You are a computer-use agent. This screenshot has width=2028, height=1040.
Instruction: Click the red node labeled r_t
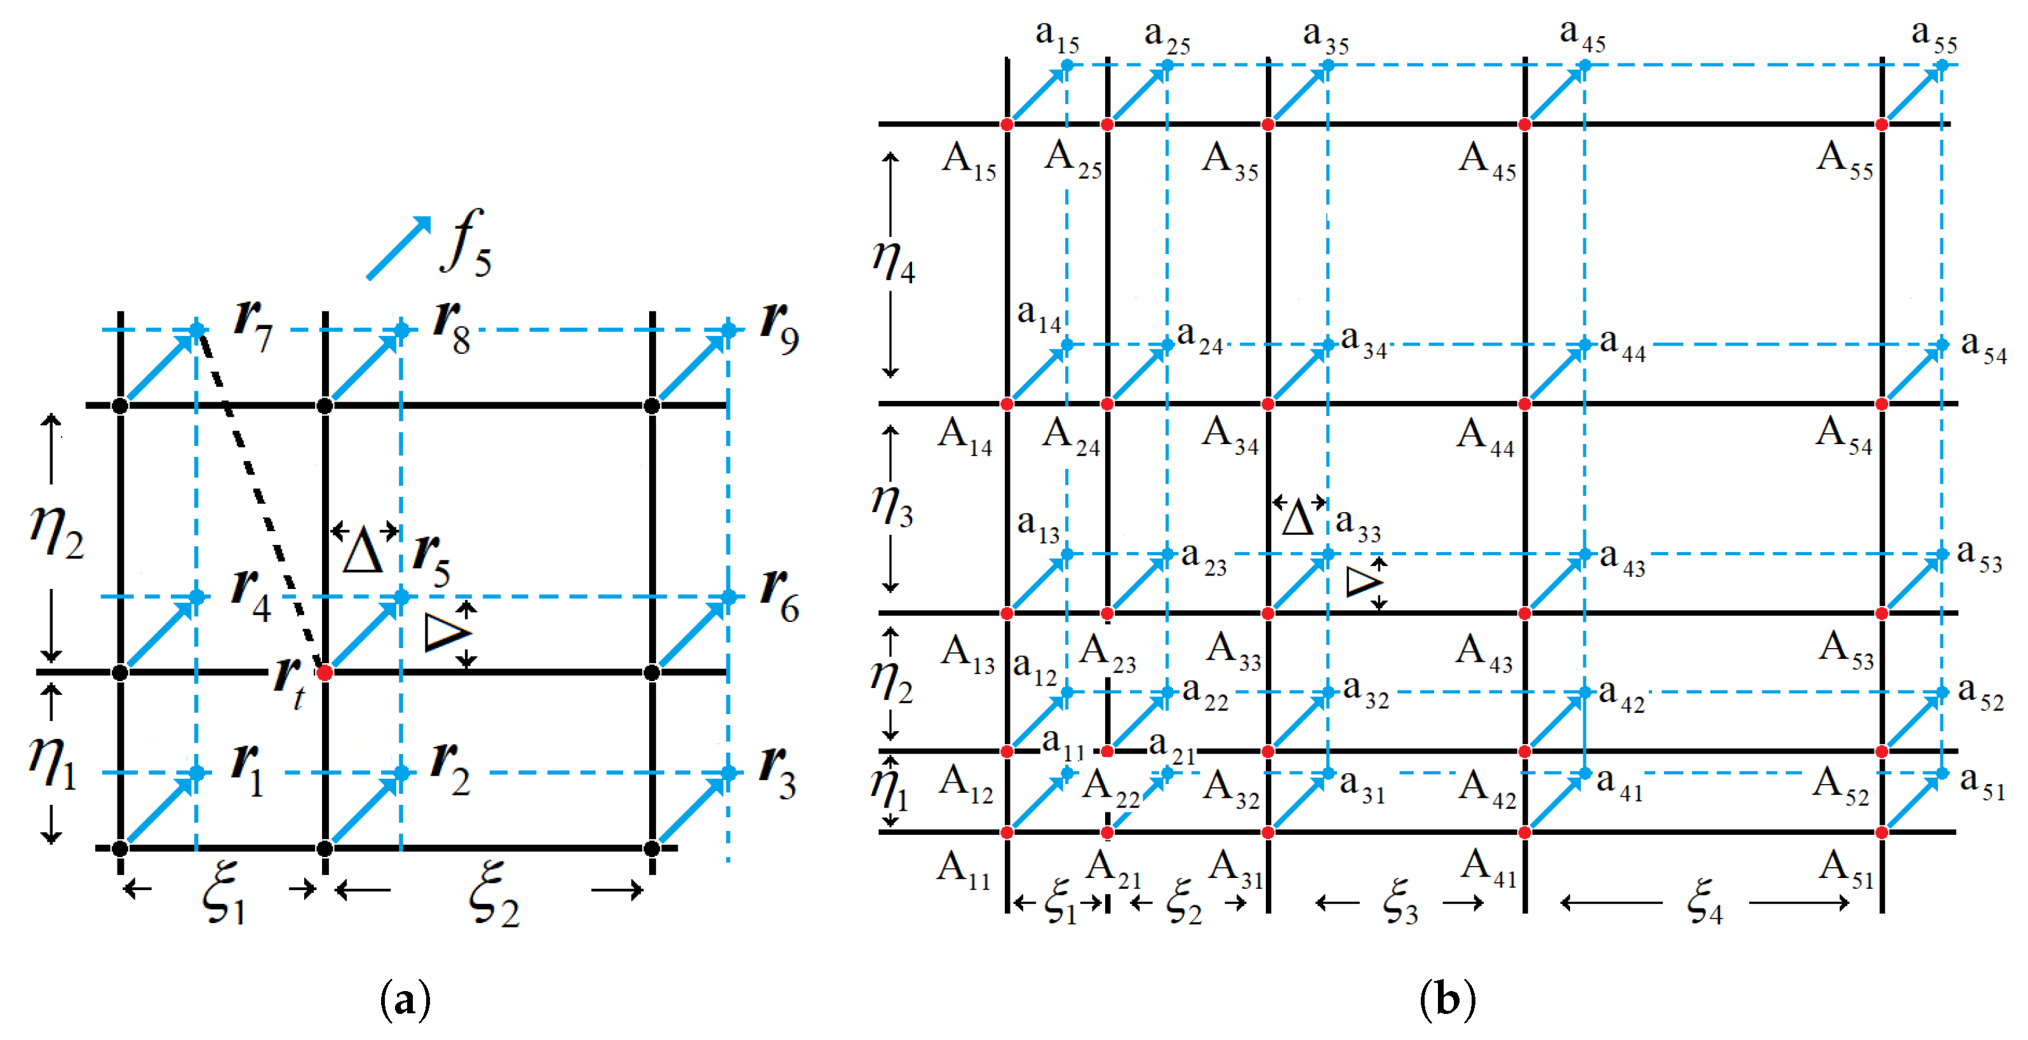tap(325, 672)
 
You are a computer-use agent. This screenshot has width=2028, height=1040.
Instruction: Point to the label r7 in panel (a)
tap(253, 327)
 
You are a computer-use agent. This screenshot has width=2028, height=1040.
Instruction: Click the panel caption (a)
tap(405, 1000)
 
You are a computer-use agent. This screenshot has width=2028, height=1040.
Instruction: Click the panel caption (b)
tap(1447, 1000)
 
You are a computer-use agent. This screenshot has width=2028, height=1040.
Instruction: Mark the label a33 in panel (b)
tap(1358, 524)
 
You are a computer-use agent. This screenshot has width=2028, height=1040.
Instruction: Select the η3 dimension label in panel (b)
tap(892, 506)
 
